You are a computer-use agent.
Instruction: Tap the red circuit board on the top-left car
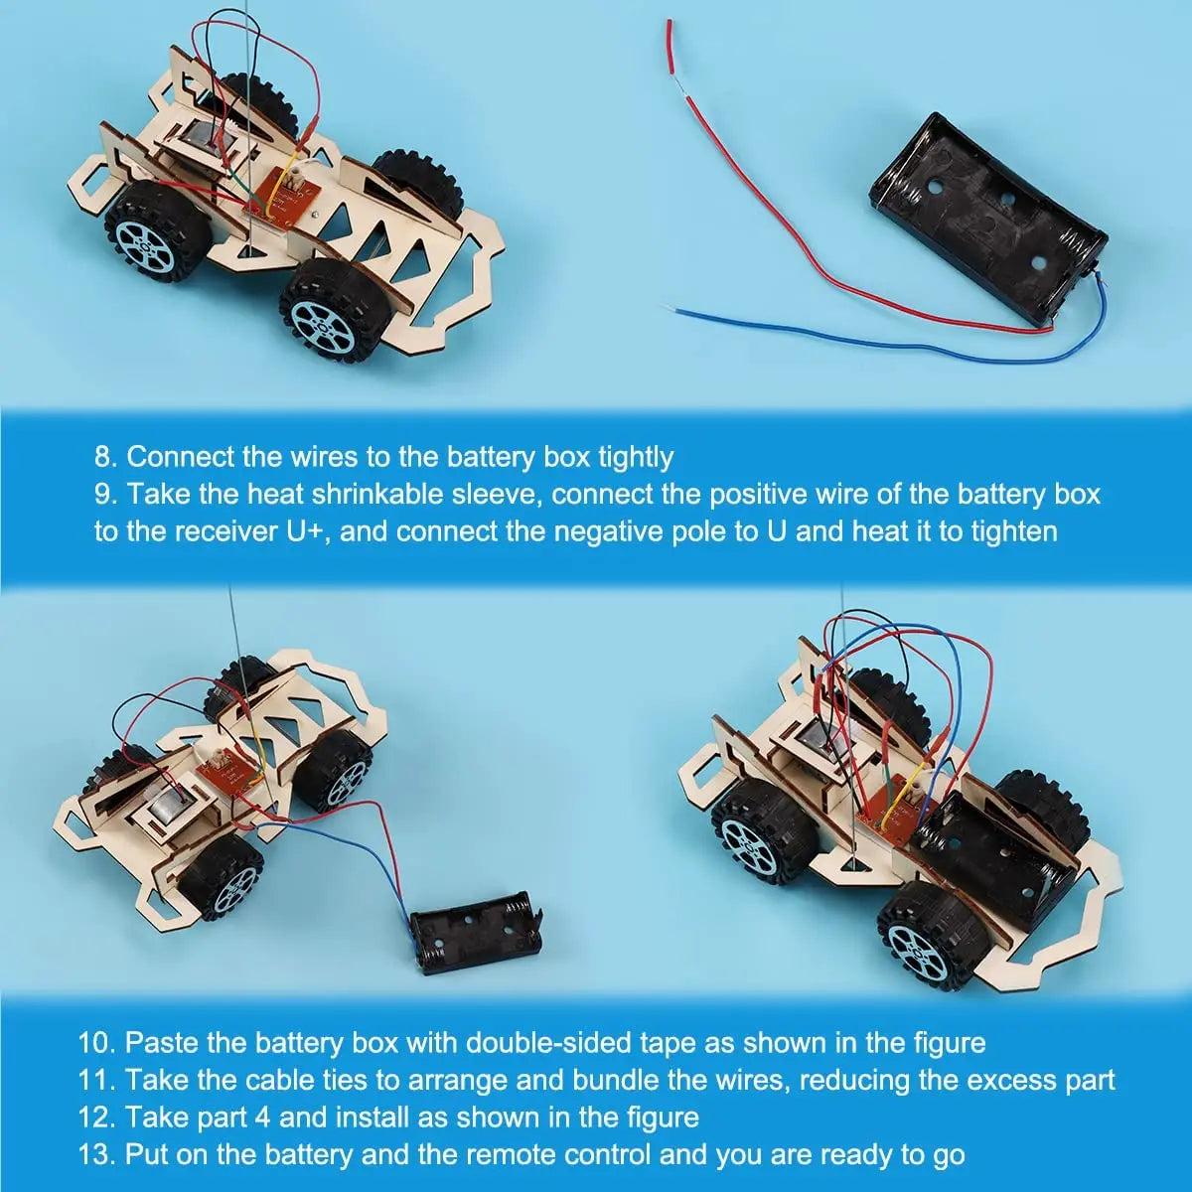tap(281, 195)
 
